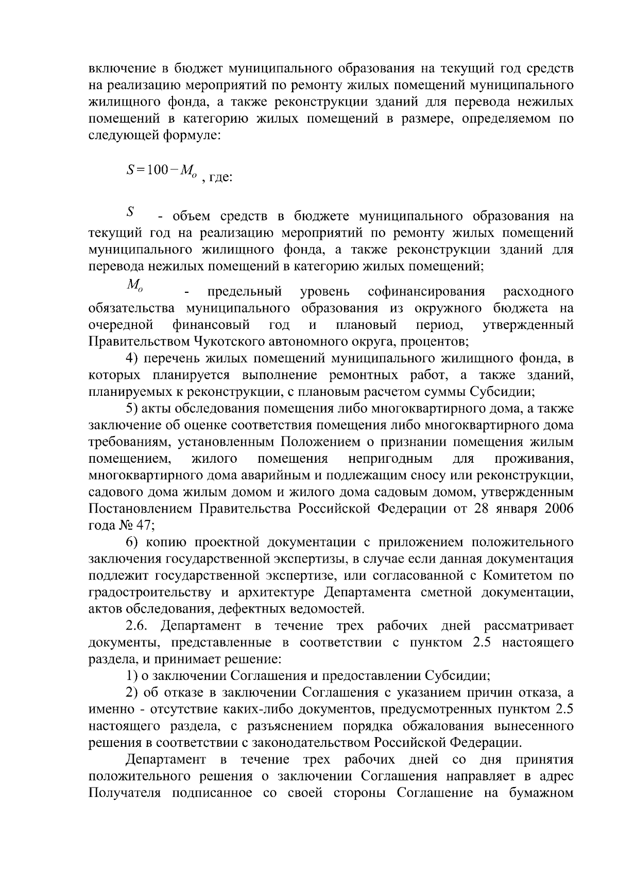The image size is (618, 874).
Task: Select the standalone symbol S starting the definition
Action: tap(131, 211)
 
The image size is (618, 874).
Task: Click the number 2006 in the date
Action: tap(555, 509)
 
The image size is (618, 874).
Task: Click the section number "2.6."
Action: tap(139, 626)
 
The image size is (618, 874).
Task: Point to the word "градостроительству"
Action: tap(149, 592)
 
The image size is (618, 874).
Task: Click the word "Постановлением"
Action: tap(141, 509)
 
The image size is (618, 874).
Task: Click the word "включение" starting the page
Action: tap(122, 69)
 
